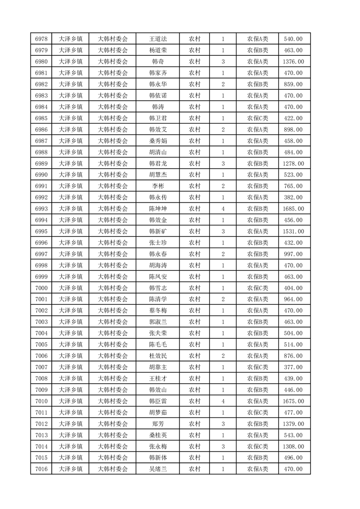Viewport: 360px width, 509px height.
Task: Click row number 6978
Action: coord(41,39)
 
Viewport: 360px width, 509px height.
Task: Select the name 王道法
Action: coord(158,39)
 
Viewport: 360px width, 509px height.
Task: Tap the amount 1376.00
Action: coord(293,61)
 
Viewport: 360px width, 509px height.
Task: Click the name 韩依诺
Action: coord(158,95)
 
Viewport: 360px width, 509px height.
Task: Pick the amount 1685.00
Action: coord(293,209)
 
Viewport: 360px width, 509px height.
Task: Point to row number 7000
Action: coord(41,288)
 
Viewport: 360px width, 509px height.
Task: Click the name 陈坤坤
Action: coord(158,209)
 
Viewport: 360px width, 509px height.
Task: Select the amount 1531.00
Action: coord(293,231)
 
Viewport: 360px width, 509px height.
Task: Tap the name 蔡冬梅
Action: coord(158,311)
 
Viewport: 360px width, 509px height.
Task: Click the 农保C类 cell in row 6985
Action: coord(257,118)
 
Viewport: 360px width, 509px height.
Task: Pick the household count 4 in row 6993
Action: coord(223,209)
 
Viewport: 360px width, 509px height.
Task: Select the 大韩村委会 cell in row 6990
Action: coord(113,175)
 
